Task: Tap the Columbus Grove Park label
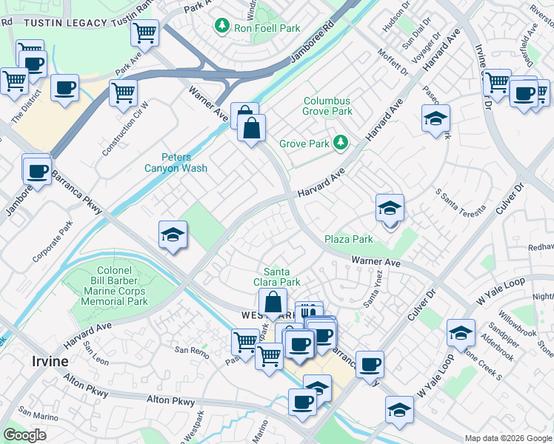click(327, 107)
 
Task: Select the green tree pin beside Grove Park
click(340, 141)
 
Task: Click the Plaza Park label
click(349, 239)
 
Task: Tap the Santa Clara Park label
click(282, 276)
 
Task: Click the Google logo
click(25, 435)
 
